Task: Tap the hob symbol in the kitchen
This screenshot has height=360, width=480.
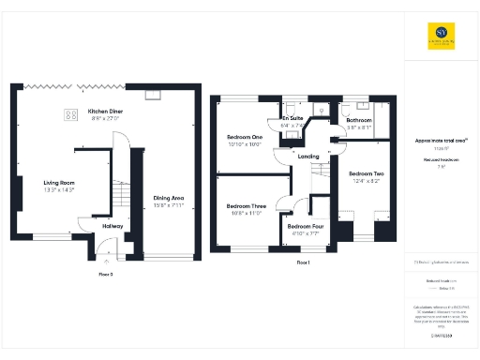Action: click(70, 115)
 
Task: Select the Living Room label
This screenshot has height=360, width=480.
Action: click(58, 183)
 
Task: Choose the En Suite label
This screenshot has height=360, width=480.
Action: click(292, 118)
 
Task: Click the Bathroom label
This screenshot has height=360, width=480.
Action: click(360, 121)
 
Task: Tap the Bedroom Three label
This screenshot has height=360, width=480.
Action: click(247, 206)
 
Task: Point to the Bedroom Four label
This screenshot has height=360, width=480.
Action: click(306, 227)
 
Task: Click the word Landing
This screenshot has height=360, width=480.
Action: click(309, 157)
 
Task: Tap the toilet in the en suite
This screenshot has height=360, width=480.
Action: click(322, 111)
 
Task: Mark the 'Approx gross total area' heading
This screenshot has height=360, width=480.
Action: click(441, 141)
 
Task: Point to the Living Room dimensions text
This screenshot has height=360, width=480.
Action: click(58, 190)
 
